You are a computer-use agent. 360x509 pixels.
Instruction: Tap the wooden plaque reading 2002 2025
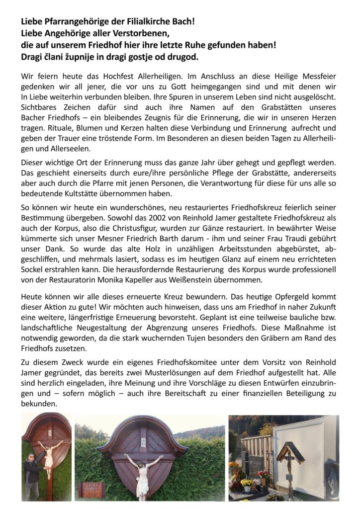click(91, 489)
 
